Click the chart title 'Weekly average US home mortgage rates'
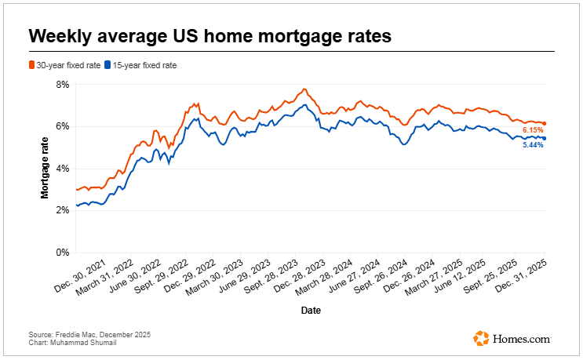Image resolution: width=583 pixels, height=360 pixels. coord(210,36)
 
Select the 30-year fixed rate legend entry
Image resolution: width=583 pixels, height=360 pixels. coord(65,65)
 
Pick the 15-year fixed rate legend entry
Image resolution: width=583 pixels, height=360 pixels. coord(140,65)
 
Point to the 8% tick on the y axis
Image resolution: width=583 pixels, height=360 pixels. coord(63,84)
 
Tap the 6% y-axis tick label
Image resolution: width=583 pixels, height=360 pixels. coord(63,126)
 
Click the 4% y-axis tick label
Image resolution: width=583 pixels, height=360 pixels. coord(63,169)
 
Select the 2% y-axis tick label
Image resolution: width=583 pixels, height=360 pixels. coord(63,211)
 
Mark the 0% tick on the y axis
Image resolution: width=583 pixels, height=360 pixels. coord(63,253)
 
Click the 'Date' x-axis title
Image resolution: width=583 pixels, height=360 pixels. coord(311,311)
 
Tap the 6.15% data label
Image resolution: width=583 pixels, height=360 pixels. coord(533,129)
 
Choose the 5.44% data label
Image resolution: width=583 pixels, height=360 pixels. coord(533,145)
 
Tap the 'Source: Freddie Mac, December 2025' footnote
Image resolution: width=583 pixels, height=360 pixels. coord(89,335)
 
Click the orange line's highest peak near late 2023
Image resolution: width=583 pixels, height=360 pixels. coord(304,89)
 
